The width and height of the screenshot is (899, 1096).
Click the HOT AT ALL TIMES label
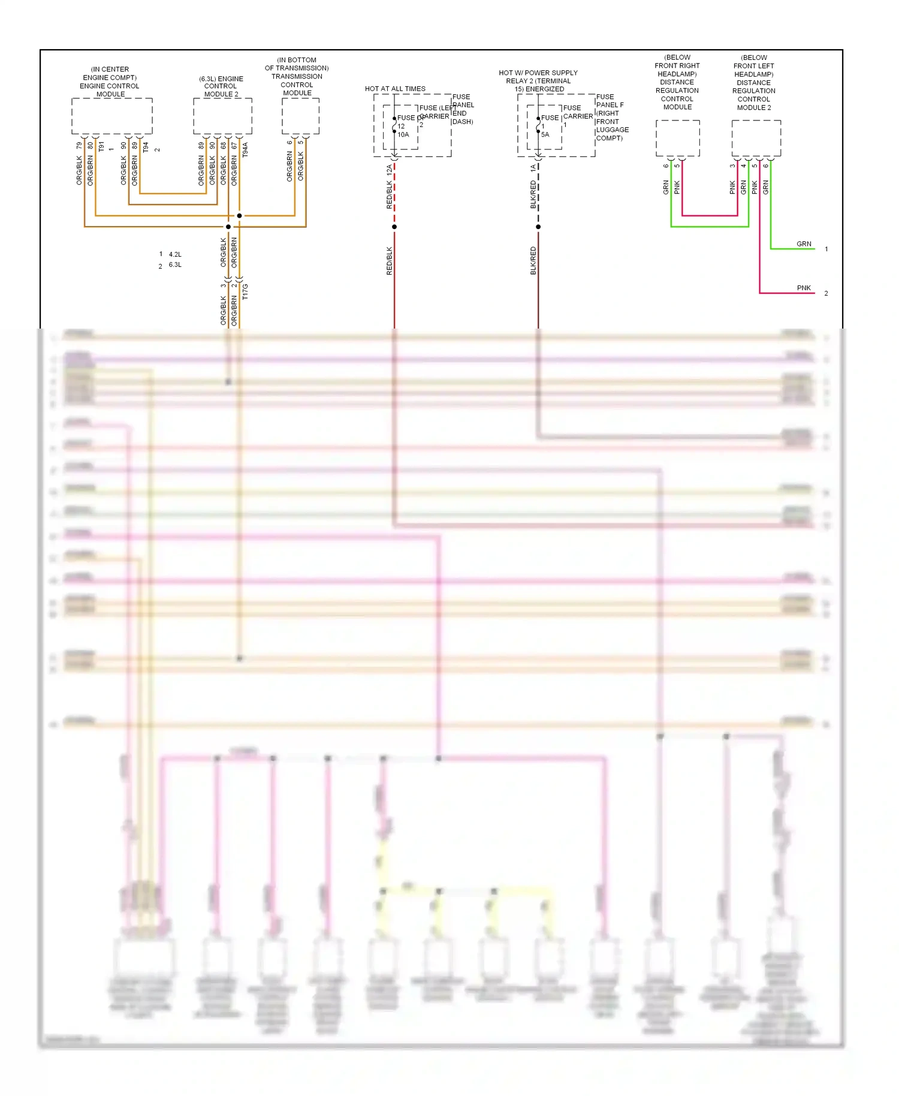(395, 89)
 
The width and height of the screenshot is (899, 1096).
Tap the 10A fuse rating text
(403, 135)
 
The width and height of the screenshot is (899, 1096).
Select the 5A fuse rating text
(545, 135)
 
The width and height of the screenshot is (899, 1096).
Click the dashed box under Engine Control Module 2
(222, 116)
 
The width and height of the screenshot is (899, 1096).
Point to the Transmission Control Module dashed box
(300, 116)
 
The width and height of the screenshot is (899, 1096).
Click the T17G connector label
(245, 292)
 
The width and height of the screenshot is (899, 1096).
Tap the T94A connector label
(245, 150)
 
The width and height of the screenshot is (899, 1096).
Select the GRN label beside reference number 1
(804, 244)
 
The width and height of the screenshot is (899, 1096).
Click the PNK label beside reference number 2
(804, 288)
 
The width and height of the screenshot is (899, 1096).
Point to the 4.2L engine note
(174, 254)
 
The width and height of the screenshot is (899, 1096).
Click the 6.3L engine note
(174, 265)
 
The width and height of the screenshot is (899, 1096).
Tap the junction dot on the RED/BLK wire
(394, 227)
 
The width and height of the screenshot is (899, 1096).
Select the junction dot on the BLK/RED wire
(538, 227)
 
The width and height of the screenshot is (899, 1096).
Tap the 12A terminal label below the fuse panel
(389, 170)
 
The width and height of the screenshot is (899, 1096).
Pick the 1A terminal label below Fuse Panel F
(533, 169)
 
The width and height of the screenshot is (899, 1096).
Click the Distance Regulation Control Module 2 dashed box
(756, 138)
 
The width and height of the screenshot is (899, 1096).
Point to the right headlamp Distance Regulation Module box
(677, 138)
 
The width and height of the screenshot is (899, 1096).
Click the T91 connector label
(101, 147)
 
